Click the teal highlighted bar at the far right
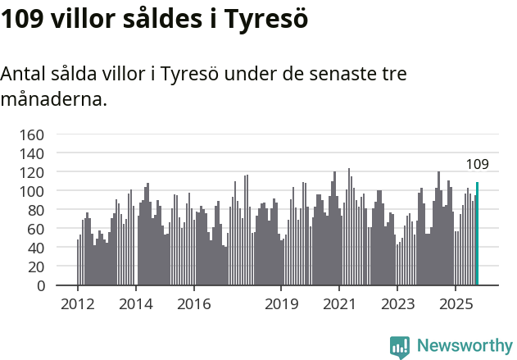click(477, 234)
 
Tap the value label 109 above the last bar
click(477, 165)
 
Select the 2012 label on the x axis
click(78, 304)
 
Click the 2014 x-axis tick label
click(135, 304)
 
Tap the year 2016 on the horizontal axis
click(193, 304)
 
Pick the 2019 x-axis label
click(280, 304)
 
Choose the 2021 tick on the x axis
click(338, 304)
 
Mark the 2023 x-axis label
click(397, 304)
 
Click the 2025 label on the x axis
click(454, 304)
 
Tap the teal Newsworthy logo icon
click(400, 347)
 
